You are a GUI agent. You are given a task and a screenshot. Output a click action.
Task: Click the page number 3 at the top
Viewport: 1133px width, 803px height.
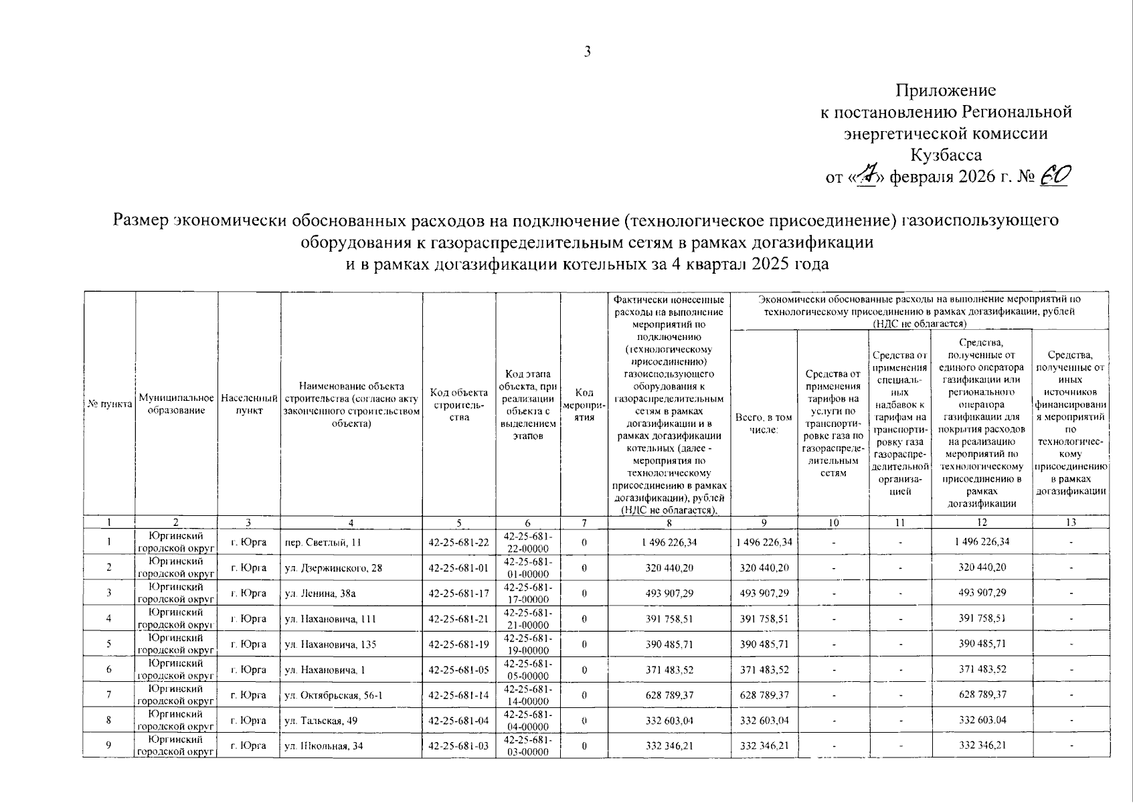[x=587, y=52]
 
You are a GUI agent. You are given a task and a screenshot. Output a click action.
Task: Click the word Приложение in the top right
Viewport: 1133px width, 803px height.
[x=946, y=90]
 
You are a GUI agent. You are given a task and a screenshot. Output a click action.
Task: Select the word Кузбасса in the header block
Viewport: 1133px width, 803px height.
[x=946, y=155]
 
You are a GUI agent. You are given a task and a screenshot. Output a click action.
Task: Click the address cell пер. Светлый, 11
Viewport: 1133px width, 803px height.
[x=323, y=543]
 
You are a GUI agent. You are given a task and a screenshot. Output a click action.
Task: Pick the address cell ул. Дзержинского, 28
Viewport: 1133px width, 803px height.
[x=333, y=568]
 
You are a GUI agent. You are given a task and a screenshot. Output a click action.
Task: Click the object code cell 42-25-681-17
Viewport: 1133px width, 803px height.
[x=458, y=594]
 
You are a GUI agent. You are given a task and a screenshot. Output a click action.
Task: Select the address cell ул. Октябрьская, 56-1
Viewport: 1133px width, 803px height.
[x=333, y=695]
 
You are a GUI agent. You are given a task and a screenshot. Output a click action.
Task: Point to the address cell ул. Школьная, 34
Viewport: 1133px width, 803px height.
[x=324, y=746]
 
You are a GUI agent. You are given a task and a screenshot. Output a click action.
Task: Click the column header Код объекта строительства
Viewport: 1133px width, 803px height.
[x=458, y=404]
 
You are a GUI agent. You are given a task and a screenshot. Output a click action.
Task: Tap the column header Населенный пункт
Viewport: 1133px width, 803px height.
[x=249, y=404]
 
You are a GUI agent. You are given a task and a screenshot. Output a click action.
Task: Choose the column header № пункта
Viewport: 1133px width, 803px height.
[x=109, y=404]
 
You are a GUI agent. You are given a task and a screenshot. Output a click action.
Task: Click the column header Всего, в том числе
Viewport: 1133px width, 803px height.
[x=764, y=423]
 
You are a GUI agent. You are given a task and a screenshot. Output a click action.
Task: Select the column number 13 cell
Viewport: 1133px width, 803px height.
[x=1071, y=523]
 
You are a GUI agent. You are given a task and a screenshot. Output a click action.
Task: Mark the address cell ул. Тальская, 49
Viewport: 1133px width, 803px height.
[x=324, y=721]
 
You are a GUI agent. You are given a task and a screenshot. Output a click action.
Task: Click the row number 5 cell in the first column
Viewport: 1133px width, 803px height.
[x=108, y=644]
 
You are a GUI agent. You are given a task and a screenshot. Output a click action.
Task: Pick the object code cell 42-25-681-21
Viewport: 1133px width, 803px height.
[x=458, y=619]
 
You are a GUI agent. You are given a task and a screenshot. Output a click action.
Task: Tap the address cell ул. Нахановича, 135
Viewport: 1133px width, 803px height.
[x=331, y=644]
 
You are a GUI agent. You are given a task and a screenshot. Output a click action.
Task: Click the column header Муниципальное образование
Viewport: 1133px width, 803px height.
[x=176, y=404]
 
